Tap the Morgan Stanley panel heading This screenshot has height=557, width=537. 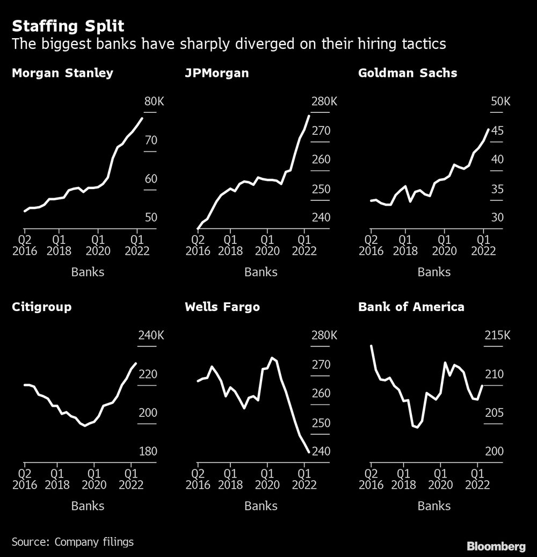(62, 73)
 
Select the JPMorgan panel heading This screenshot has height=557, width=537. (216, 73)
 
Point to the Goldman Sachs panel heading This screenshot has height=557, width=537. (408, 73)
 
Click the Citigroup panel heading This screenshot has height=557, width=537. (41, 307)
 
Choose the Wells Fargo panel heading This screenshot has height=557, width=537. (222, 307)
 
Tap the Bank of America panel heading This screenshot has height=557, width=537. (411, 307)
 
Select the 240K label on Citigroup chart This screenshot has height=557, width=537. (151, 336)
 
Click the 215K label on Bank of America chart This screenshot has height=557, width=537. (498, 336)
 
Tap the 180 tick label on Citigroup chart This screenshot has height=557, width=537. (148, 451)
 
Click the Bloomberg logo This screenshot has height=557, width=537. (496, 547)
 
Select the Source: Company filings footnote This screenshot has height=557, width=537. (72, 541)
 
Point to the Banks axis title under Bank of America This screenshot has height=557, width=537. (434, 505)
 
